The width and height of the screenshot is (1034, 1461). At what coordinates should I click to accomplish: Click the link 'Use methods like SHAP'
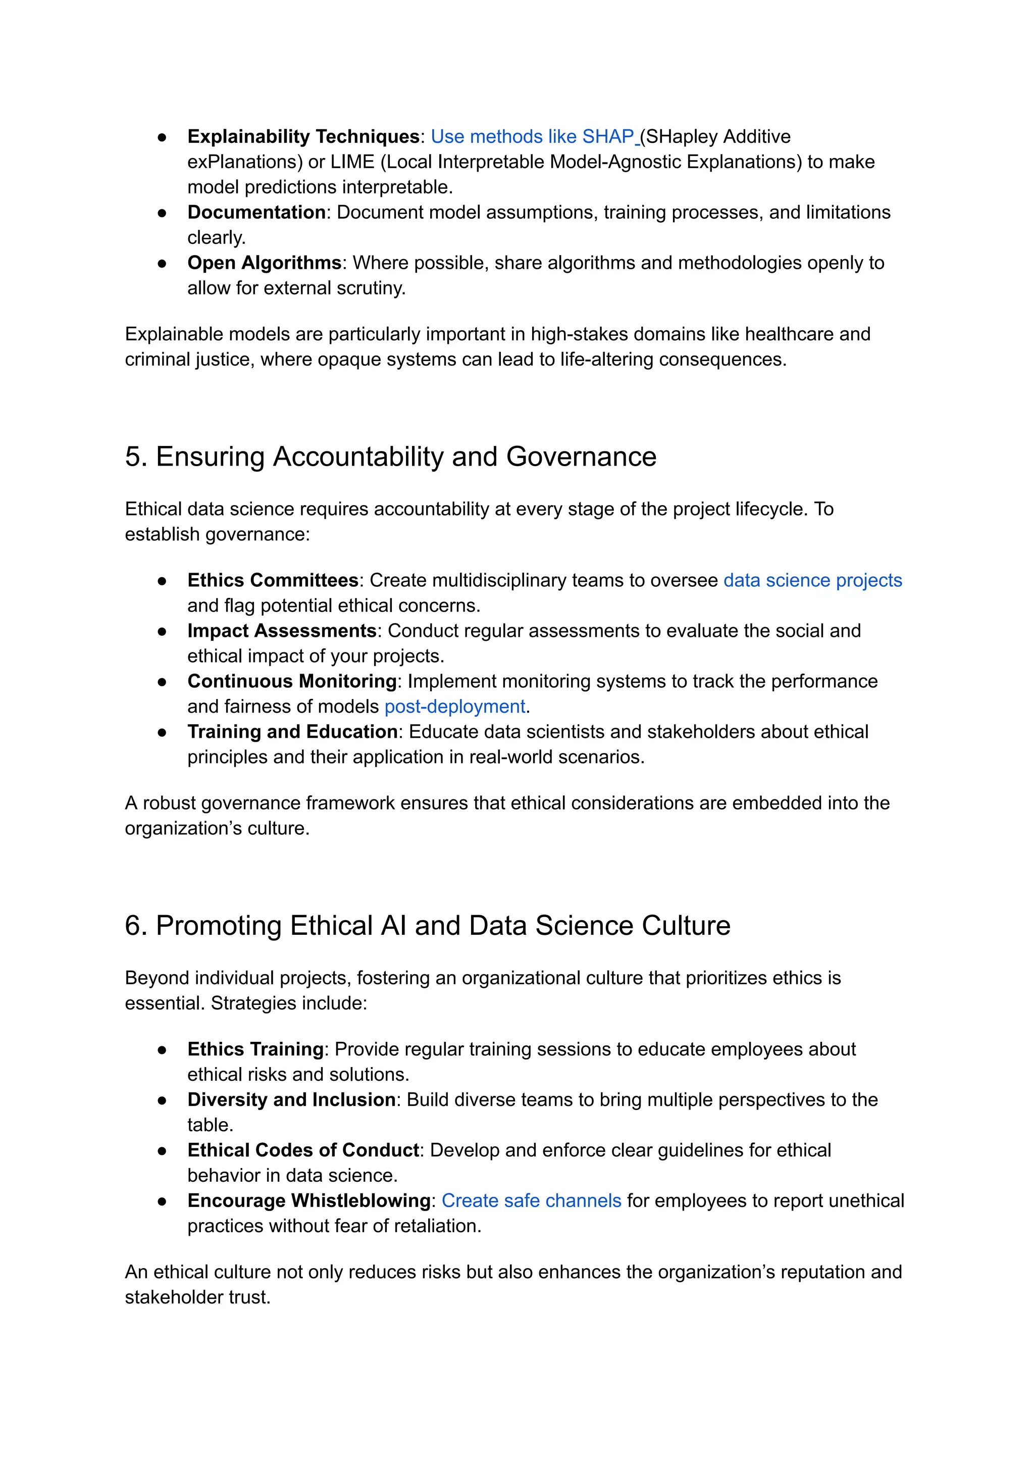click(x=532, y=136)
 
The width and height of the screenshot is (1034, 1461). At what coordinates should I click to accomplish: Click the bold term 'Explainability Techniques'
click(x=303, y=136)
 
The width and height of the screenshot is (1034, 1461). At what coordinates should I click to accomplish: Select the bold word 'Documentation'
click(x=256, y=212)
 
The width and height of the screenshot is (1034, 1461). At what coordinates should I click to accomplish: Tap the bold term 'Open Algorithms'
click(x=264, y=263)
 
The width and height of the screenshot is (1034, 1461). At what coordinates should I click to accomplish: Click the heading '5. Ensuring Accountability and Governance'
click(x=390, y=457)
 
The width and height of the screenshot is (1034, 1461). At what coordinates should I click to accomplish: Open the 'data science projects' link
click(x=812, y=580)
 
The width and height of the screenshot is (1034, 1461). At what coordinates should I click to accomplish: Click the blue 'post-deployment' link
click(x=454, y=707)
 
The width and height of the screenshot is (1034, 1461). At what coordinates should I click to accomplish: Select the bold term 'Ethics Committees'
click(x=273, y=580)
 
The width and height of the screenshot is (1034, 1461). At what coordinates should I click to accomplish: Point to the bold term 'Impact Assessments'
click(x=281, y=631)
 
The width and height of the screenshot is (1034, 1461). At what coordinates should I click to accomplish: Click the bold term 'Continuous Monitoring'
click(x=292, y=681)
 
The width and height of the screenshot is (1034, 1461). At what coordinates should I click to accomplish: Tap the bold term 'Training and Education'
click(x=292, y=731)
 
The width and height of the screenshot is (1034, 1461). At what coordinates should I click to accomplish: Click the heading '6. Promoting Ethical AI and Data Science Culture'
click(x=427, y=925)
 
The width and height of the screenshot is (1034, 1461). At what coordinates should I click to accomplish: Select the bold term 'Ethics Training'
click(x=255, y=1049)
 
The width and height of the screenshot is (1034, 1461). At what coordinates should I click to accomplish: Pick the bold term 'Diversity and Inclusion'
click(x=292, y=1099)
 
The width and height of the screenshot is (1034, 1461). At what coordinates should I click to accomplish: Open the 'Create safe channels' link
click(x=531, y=1200)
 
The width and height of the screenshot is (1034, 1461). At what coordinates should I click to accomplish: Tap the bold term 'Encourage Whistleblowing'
click(x=309, y=1200)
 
